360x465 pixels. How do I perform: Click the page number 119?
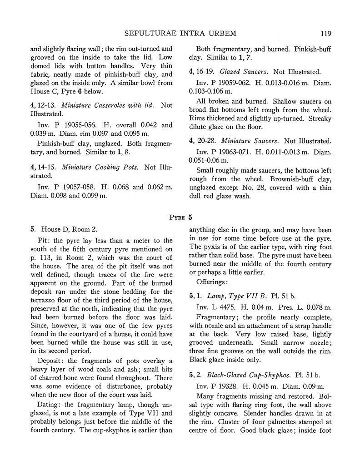coord(325,33)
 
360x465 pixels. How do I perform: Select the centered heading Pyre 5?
coord(180,217)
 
